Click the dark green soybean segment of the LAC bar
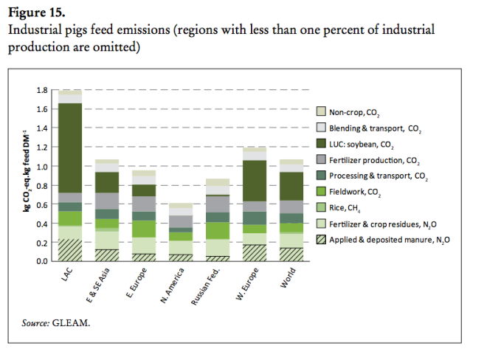pos(70,148)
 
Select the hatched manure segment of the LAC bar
pos(70,249)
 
